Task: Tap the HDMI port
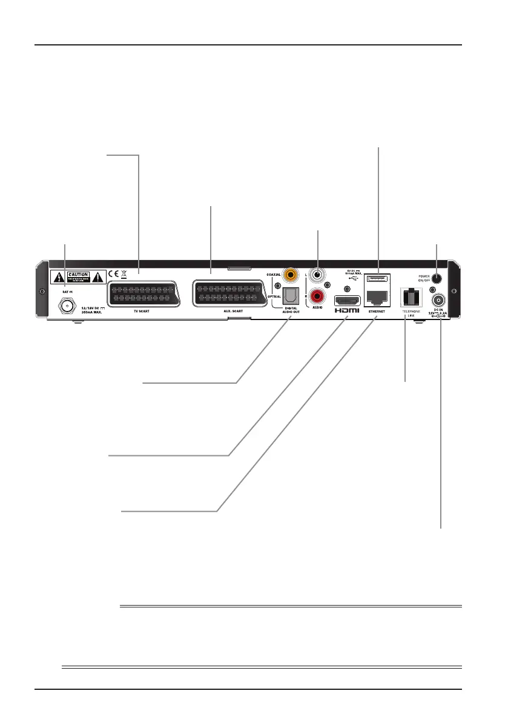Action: click(x=346, y=301)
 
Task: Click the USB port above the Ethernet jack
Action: click(x=378, y=279)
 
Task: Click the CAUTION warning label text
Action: click(x=78, y=275)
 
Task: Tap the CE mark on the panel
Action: click(x=113, y=273)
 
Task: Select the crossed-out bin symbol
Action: click(x=124, y=273)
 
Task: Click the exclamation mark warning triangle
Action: click(x=99, y=278)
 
